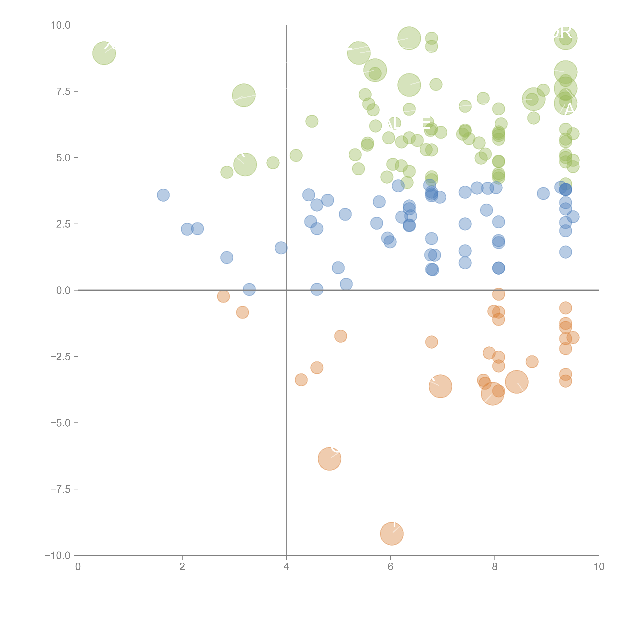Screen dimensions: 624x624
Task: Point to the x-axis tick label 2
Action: click(x=182, y=567)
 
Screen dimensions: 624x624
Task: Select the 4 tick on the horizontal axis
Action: click(x=286, y=567)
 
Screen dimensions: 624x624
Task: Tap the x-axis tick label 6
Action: click(x=390, y=567)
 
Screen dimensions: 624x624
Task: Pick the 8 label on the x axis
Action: click(x=495, y=567)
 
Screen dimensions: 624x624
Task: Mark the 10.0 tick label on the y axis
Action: click(x=61, y=25)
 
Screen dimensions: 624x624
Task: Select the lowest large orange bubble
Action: click(x=392, y=534)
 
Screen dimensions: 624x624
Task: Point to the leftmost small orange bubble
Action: click(x=223, y=296)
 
